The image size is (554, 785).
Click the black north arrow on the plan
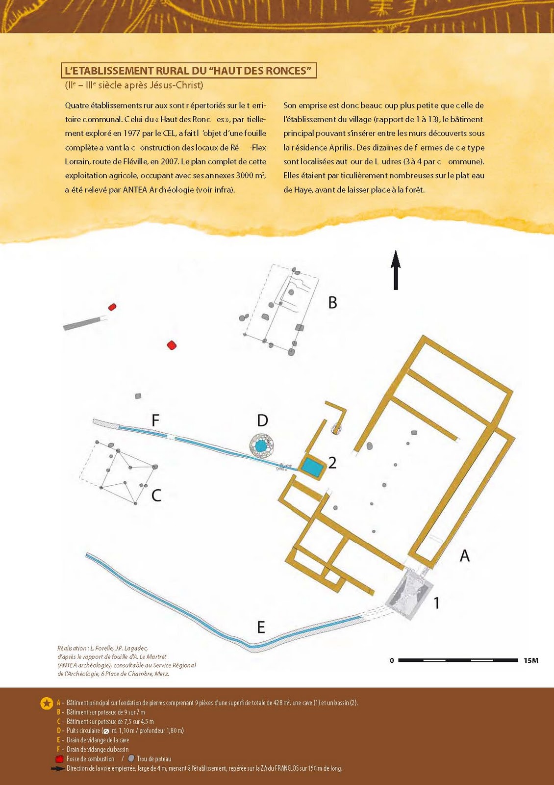[396, 269]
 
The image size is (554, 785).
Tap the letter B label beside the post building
[332, 303]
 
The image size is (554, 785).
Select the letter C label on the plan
[156, 496]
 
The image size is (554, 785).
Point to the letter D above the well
[262, 420]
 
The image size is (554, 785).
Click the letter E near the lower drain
[261, 627]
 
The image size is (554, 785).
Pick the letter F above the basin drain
[155, 420]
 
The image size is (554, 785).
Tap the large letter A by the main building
[464, 556]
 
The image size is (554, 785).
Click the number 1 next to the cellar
[436, 603]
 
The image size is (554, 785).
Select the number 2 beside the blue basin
[332, 463]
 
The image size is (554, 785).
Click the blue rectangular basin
[312, 467]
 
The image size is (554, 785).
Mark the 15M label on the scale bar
[531, 660]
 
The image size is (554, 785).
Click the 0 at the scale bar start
[392, 660]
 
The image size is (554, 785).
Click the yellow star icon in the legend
[47, 704]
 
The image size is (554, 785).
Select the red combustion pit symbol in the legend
[60, 759]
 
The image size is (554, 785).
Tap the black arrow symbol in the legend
[58, 768]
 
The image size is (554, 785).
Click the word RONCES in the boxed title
[288, 71]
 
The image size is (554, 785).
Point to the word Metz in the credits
[161, 674]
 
